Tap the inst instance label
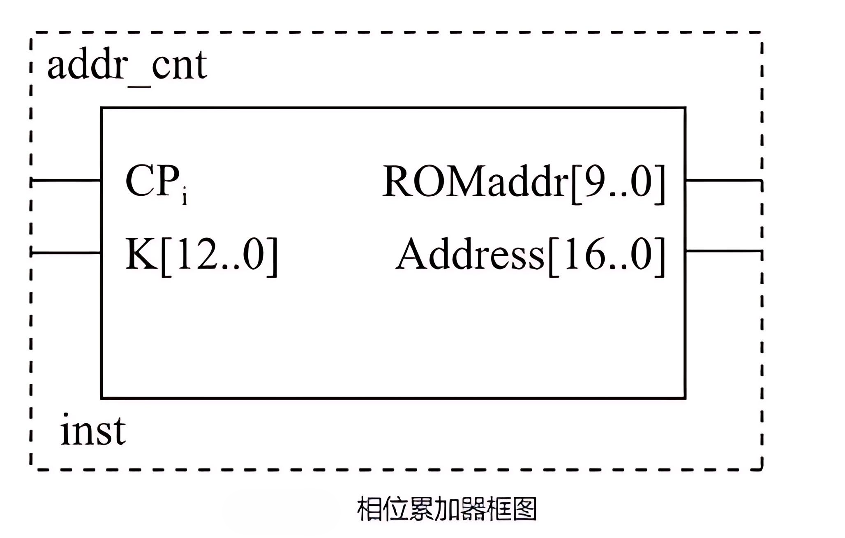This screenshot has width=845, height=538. coord(93,431)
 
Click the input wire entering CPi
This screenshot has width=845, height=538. coord(66,180)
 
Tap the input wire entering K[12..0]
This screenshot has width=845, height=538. coord(66,253)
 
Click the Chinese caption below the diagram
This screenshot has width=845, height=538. coord(447,509)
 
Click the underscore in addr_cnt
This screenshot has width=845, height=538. coord(139,86)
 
